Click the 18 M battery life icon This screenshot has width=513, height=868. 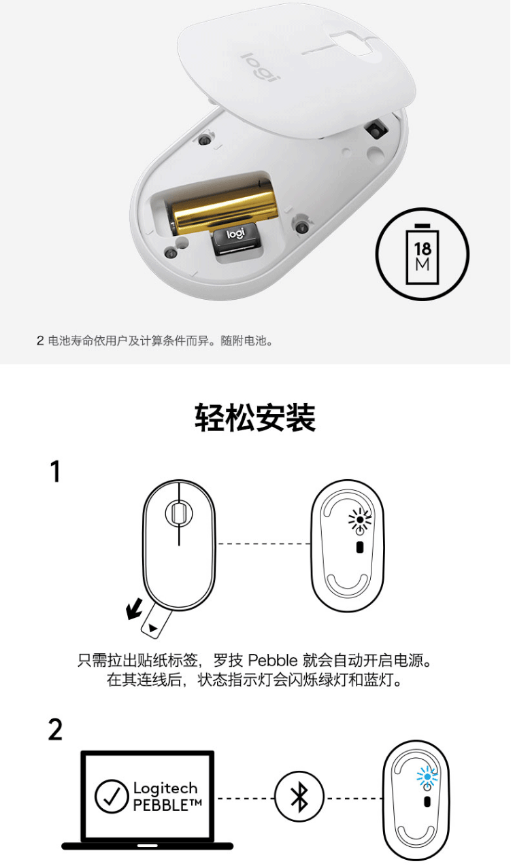423,254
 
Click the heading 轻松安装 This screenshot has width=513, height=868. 256,418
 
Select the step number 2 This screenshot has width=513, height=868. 55,730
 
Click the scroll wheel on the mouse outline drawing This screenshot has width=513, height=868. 179,513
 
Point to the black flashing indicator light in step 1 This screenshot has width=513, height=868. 360,519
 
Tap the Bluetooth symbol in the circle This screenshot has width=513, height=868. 299,798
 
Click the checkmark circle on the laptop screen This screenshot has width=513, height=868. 112,797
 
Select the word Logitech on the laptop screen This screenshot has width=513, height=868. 165,788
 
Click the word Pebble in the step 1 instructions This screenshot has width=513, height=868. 273,660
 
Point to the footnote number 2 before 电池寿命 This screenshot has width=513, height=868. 40,341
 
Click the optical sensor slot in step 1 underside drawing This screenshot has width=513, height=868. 359,547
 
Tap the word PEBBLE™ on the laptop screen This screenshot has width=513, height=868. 167,805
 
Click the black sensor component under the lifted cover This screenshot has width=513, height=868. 376,129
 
